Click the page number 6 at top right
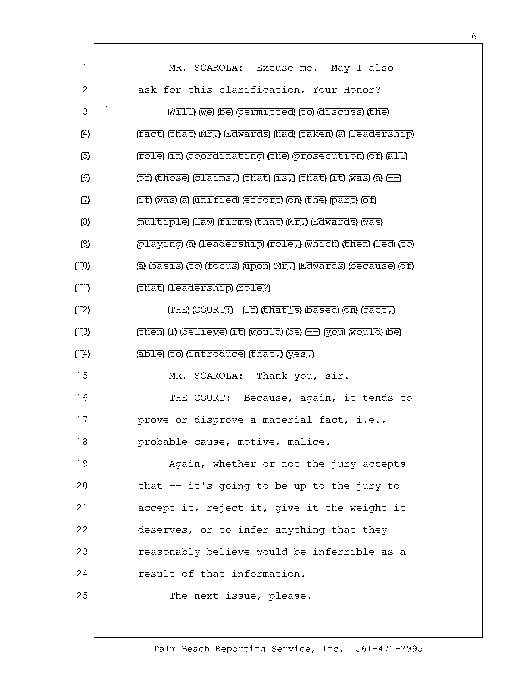474,36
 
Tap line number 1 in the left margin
85,67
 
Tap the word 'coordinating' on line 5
225,156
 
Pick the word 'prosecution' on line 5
328,156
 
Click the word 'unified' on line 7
216,200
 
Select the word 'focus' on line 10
222,266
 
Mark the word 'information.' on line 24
269,574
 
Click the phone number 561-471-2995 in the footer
389,649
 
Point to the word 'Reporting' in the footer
240,649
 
